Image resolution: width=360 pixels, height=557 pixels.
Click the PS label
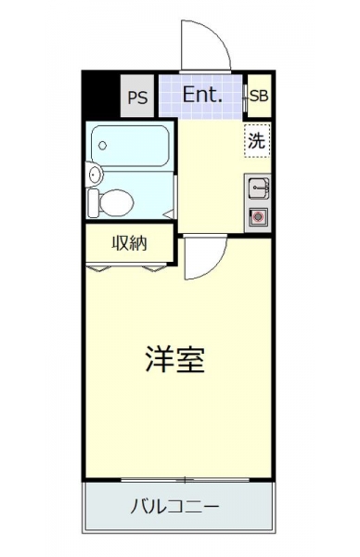pos(137,97)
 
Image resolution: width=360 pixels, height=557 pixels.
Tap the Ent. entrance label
pos(202,95)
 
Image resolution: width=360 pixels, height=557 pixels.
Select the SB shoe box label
pos(259,96)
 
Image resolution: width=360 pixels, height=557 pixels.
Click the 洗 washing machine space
pos(257,141)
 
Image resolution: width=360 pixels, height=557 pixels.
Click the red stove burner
pos(258,216)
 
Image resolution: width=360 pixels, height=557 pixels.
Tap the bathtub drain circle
pos(103,146)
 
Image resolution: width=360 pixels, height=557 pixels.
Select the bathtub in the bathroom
pos(130,146)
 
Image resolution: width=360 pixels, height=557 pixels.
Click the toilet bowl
pos(116,202)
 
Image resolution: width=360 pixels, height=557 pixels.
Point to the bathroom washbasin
pos(94,175)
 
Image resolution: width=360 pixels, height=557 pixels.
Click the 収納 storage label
pos(129,243)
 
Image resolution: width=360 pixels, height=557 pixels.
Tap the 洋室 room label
pos(175,359)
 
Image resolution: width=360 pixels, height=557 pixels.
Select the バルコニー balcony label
pos(175,506)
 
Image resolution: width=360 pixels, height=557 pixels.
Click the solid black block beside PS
pos(101,94)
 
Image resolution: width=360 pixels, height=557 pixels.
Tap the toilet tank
pos(93,203)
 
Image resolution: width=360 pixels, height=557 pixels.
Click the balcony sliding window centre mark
pos(185,480)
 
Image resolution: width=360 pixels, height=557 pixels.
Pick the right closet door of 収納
pos(154,268)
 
